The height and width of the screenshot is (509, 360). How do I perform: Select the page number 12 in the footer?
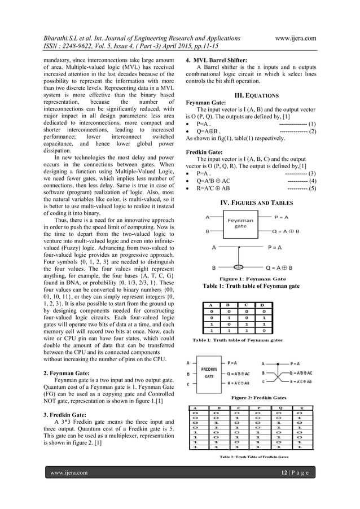[284, 487]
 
